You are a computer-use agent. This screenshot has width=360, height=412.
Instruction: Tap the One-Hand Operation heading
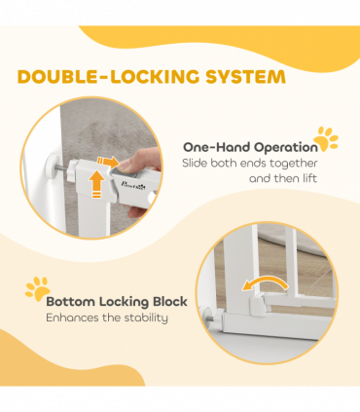coord(250,147)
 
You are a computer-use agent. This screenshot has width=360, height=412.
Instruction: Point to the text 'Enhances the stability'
coord(107,318)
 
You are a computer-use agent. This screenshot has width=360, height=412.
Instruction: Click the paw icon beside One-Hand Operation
coord(327,139)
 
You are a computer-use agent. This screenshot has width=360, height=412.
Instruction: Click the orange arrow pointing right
coord(109,163)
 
